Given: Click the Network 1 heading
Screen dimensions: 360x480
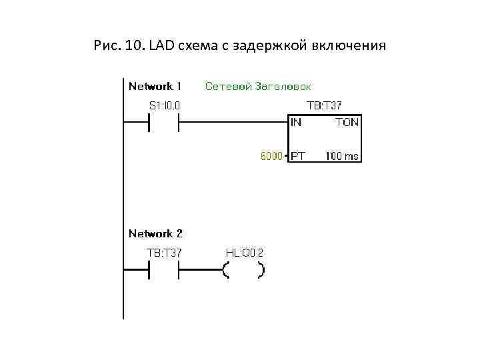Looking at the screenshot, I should [x=155, y=86].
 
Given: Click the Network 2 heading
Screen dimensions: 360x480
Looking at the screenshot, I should [x=155, y=233].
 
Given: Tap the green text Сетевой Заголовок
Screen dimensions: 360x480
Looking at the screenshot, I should [x=259, y=86].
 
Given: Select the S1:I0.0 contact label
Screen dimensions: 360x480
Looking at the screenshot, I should [x=164, y=105].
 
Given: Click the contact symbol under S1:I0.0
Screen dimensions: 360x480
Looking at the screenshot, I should [x=164, y=122].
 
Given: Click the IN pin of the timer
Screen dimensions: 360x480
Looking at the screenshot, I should [x=296, y=122].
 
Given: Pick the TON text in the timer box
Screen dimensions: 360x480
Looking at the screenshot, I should [x=347, y=122].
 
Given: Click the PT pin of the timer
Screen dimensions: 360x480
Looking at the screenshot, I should [x=298, y=157].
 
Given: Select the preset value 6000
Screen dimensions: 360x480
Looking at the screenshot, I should [x=270, y=157].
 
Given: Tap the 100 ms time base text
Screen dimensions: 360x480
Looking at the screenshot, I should [x=342, y=157].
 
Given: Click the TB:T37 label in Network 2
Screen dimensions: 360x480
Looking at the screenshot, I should [x=164, y=253].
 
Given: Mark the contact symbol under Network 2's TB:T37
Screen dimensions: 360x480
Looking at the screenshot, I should [x=164, y=270].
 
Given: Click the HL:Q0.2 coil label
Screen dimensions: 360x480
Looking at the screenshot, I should [x=245, y=253].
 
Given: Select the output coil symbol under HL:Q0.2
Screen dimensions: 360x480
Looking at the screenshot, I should [x=243, y=270].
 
